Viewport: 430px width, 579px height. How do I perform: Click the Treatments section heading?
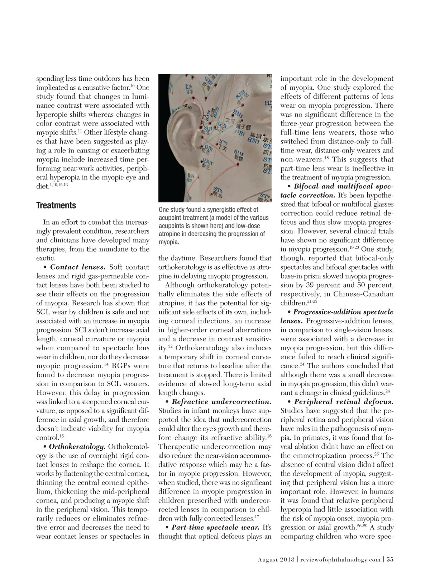coord(56,205)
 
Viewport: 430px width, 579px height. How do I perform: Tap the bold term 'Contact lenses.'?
coord(77,267)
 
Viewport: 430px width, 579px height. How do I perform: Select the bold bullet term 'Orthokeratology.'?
coord(77,447)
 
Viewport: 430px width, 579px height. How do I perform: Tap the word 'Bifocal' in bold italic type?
coord(307,186)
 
